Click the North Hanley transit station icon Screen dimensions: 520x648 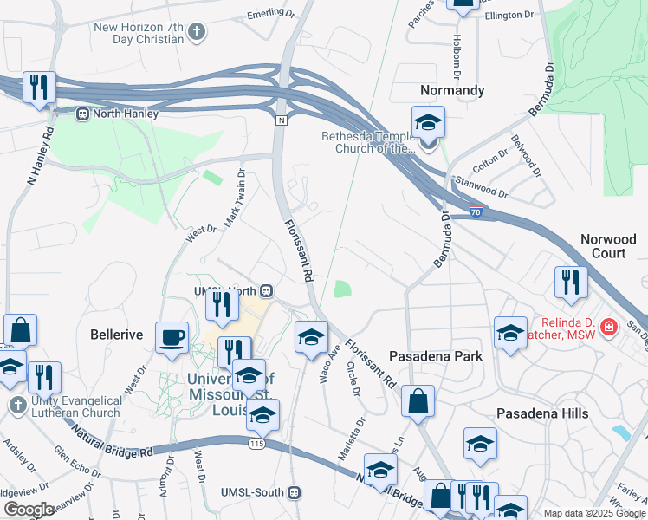point(83,113)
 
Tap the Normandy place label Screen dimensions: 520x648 point(451,90)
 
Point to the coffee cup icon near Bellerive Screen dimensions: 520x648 point(171,337)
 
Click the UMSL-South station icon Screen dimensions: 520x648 point(294,492)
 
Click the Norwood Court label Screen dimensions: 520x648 point(608,246)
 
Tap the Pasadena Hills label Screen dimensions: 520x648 point(543,413)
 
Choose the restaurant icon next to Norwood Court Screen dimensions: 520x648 point(571,282)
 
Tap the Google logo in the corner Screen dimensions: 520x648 point(29,509)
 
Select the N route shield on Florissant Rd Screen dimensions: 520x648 point(281,120)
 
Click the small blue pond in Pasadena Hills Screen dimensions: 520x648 point(620,432)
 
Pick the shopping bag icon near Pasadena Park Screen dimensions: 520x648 point(418,401)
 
